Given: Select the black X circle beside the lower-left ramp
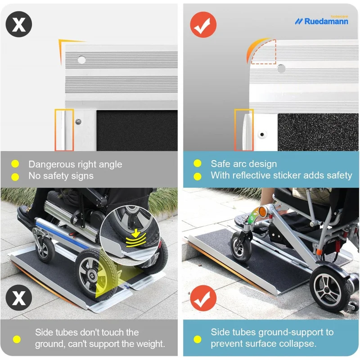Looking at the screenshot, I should [18, 297].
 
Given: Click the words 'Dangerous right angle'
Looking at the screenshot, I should [75, 164].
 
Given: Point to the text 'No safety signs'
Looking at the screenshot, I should [61, 176].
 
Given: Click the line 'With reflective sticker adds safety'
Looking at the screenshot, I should [281, 175].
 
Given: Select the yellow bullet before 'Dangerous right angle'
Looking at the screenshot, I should [15, 164].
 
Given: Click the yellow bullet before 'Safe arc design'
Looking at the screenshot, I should [197, 164].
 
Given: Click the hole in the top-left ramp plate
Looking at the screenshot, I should [81, 59].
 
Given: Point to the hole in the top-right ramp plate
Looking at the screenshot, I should [281, 68].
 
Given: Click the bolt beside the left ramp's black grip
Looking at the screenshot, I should [78, 121].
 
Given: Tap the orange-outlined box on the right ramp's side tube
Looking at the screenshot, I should [244, 130].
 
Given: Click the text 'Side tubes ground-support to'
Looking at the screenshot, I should [272, 332].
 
